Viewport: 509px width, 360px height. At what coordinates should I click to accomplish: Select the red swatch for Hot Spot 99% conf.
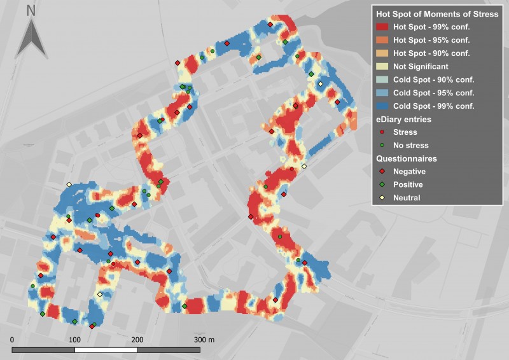point(383,27)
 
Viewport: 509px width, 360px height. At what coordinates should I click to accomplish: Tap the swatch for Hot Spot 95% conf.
point(383,40)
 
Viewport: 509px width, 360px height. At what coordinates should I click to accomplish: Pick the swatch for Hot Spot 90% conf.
point(383,53)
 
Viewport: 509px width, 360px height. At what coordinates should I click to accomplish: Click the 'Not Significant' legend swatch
point(383,66)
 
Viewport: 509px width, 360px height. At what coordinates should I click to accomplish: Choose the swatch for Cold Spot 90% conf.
point(383,80)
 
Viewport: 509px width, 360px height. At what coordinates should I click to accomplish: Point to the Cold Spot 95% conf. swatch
point(383,92)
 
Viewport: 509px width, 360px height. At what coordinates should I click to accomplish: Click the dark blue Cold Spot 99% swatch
point(383,106)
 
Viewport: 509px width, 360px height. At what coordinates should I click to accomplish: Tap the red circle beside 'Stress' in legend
point(382,132)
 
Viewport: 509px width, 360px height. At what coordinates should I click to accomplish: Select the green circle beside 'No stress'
point(382,145)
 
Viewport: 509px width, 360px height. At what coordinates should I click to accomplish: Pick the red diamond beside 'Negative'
point(382,172)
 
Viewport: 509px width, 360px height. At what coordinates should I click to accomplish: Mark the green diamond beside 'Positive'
point(382,184)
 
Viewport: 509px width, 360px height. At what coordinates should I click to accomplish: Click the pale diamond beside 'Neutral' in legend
point(382,198)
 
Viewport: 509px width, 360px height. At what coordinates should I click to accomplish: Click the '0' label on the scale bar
point(13,340)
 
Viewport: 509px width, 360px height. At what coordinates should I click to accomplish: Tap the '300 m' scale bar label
point(204,340)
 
